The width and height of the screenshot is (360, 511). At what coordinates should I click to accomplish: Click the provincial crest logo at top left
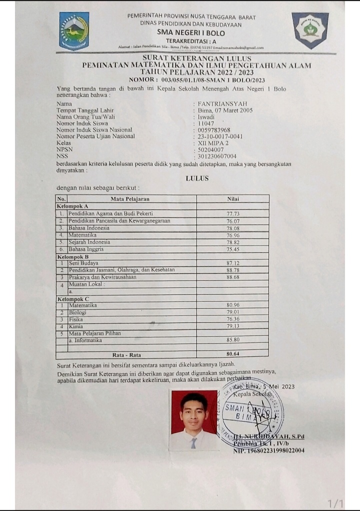[74, 30]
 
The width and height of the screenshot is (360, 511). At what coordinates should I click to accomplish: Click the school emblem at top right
[310, 29]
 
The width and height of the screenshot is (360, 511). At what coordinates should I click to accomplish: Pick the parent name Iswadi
[206, 116]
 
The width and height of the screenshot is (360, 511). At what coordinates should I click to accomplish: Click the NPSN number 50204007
[211, 149]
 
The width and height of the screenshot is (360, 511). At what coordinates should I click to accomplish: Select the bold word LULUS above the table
[197, 178]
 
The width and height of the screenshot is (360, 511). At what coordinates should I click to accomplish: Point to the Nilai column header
[233, 198]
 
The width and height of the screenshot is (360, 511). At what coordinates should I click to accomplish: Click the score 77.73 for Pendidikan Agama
[233, 213]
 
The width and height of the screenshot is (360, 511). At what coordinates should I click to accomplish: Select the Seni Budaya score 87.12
[233, 263]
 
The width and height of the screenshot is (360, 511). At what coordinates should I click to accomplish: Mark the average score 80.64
[233, 354]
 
